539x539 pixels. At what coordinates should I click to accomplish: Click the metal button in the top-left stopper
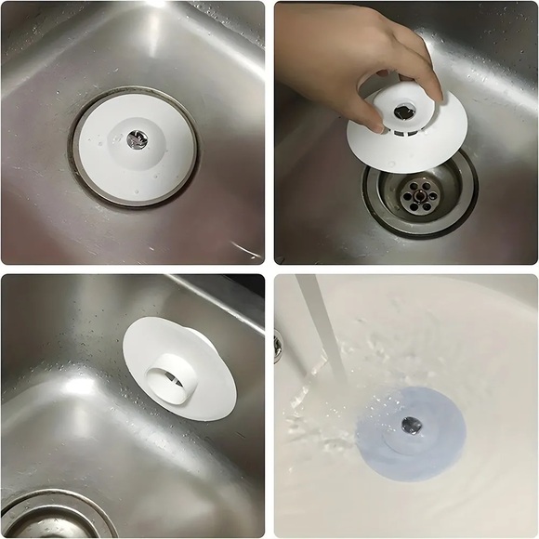coord(136,138)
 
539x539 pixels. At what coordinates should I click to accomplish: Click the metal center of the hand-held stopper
coord(403,111)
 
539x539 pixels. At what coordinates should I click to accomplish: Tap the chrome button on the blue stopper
coord(410,425)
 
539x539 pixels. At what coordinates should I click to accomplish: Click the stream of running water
coord(321,325)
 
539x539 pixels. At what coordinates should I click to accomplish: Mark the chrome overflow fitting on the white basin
coord(278,346)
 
